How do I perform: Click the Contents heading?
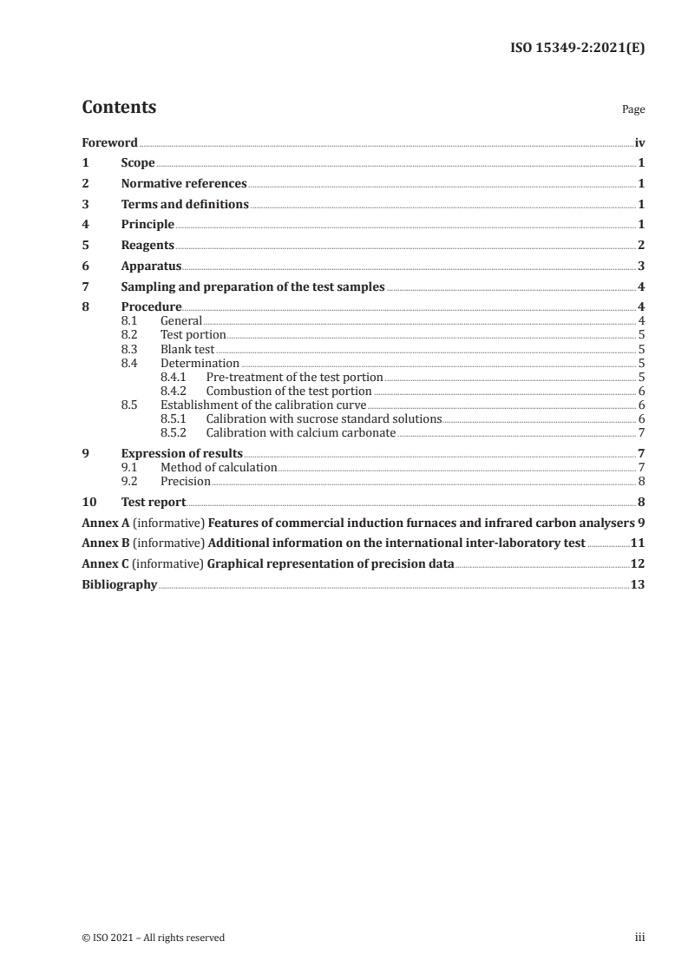pyautogui.click(x=119, y=108)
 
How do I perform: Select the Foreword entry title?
pyautogui.click(x=109, y=142)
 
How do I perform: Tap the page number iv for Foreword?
pyautogui.click(x=639, y=142)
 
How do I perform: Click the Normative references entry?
pyautogui.click(x=184, y=184)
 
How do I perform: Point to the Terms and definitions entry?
pyautogui.click(x=185, y=205)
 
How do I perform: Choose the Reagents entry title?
pyautogui.click(x=147, y=246)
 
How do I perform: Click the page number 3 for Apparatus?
pyautogui.click(x=640, y=267)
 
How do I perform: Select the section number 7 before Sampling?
pyautogui.click(x=85, y=287)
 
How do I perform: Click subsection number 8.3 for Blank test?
pyautogui.click(x=128, y=349)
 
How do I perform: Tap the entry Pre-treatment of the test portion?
pyautogui.click(x=293, y=377)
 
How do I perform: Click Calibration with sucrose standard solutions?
pyautogui.click(x=324, y=418)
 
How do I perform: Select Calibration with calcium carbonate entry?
pyautogui.click(x=300, y=432)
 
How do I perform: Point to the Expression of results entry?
pyautogui.click(x=181, y=453)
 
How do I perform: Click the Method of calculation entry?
pyautogui.click(x=219, y=467)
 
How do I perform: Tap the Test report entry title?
pyautogui.click(x=154, y=502)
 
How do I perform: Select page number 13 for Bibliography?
pyautogui.click(x=638, y=585)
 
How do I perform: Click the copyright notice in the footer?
pyautogui.click(x=154, y=938)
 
